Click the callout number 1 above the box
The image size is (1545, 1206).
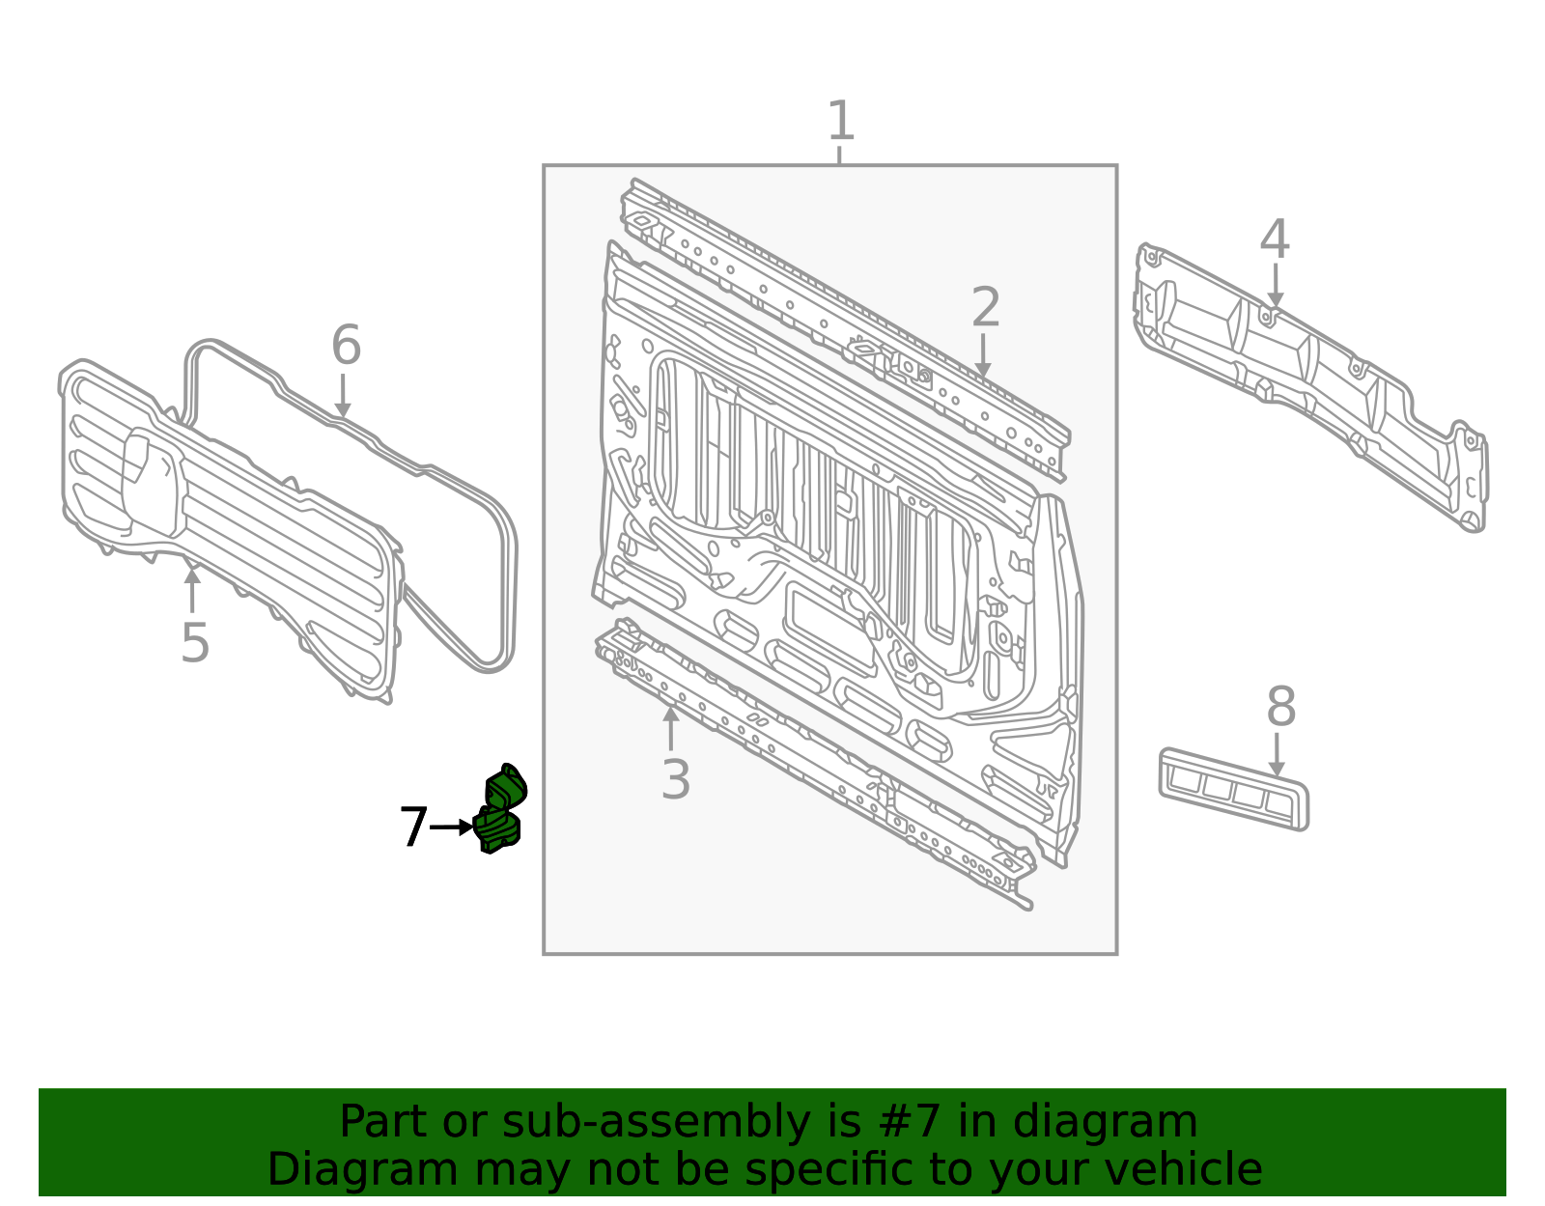pos(841,121)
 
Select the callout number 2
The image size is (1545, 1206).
pos(986,307)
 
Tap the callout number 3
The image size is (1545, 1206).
pos(675,779)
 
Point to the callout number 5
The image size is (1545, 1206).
pos(195,642)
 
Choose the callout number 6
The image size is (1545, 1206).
pos(347,345)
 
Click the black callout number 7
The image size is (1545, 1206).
pos(413,827)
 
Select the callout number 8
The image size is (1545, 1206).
pos(1281,707)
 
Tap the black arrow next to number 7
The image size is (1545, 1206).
pos(452,827)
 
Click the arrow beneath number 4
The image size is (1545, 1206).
pos(1276,285)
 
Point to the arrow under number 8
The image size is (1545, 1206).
pos(1277,755)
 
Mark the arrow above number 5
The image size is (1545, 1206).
pos(192,590)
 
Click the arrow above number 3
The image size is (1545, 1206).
pos(670,728)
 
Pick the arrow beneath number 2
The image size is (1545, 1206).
pos(983,355)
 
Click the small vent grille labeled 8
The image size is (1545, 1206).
pos(1233,789)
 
